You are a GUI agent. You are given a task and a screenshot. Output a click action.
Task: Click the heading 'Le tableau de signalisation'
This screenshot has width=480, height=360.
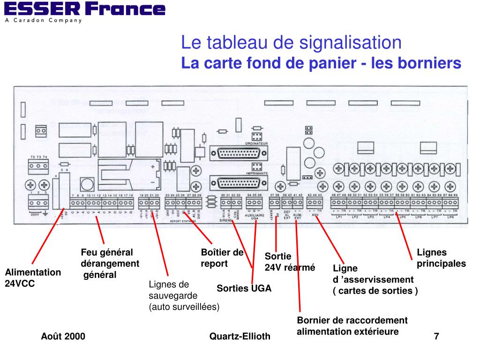pos(292,44)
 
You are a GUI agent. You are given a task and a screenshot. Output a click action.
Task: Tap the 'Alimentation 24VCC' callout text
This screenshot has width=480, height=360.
pos(33,278)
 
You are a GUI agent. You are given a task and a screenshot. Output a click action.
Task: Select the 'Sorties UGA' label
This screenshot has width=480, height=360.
pos(244,288)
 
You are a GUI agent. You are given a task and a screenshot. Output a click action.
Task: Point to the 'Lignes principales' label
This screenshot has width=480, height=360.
pos(441,258)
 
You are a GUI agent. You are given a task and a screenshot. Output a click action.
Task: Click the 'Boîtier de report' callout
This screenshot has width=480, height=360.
pos(222,258)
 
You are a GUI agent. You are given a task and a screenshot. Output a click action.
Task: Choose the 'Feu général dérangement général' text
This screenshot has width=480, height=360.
pos(110,263)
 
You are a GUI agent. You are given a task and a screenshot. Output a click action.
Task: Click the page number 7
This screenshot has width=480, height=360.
pos(436,336)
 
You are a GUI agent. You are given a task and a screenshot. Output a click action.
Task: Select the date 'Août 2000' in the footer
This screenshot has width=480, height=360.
pos(63,336)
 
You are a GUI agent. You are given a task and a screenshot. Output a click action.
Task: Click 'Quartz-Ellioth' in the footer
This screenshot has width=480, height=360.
pos(240,336)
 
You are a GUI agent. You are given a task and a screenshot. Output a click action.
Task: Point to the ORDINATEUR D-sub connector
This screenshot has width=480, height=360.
pos(240,154)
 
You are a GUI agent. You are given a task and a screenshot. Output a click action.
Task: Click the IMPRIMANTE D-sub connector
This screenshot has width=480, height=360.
pos(240,182)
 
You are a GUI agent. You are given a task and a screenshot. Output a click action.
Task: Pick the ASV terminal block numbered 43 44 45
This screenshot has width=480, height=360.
pos(315,203)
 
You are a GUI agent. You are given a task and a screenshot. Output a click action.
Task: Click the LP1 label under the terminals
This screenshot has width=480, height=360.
pos(338,217)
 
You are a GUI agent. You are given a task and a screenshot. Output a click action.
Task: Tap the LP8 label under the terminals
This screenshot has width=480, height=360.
pos(450,217)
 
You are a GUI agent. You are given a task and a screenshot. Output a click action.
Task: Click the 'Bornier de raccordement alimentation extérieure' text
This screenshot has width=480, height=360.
pos(352,326)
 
